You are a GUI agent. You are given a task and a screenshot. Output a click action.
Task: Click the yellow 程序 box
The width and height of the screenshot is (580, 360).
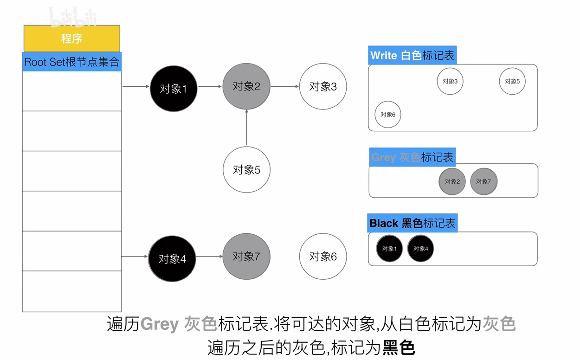point(72,39)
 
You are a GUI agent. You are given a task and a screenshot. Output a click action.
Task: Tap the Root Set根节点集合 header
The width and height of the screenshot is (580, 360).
point(72,62)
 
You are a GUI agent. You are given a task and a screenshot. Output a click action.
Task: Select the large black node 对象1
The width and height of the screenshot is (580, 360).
point(174,89)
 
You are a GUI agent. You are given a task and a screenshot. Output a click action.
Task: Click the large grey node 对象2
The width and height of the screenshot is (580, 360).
point(246,86)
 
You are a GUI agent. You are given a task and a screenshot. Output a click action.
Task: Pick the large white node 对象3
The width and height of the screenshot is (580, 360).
point(323,86)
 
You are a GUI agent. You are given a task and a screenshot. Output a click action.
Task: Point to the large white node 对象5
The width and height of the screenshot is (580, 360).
point(246,170)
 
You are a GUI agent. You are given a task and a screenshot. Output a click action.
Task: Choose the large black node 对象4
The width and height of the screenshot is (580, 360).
point(172,258)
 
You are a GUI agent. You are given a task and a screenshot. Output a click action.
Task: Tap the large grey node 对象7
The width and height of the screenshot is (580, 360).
point(246,257)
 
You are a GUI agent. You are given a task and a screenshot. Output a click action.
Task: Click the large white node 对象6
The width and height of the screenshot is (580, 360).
point(323,257)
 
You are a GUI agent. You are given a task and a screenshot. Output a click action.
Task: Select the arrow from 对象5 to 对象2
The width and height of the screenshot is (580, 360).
point(246,127)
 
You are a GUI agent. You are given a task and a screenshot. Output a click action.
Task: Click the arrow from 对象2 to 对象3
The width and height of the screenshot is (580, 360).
point(285,86)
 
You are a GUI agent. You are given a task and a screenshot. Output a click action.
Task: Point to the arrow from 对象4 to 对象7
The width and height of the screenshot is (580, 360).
point(209,257)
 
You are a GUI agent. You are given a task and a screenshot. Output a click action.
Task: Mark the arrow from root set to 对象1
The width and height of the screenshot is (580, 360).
point(136,86)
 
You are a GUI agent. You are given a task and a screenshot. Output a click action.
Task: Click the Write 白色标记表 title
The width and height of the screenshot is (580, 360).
point(412,55)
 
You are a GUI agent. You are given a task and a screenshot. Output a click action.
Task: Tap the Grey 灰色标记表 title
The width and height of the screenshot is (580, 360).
point(412,157)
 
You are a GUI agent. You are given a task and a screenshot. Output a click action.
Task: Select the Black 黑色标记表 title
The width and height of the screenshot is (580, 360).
point(412,223)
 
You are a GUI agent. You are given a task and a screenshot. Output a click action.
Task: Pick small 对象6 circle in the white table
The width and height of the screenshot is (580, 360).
point(388,115)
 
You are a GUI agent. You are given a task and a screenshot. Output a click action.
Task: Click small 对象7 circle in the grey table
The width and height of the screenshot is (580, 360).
point(483,181)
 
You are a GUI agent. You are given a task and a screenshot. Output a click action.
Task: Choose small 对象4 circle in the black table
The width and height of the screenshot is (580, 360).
point(420,249)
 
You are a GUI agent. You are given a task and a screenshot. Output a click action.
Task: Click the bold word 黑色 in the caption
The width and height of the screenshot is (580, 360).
point(399,347)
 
